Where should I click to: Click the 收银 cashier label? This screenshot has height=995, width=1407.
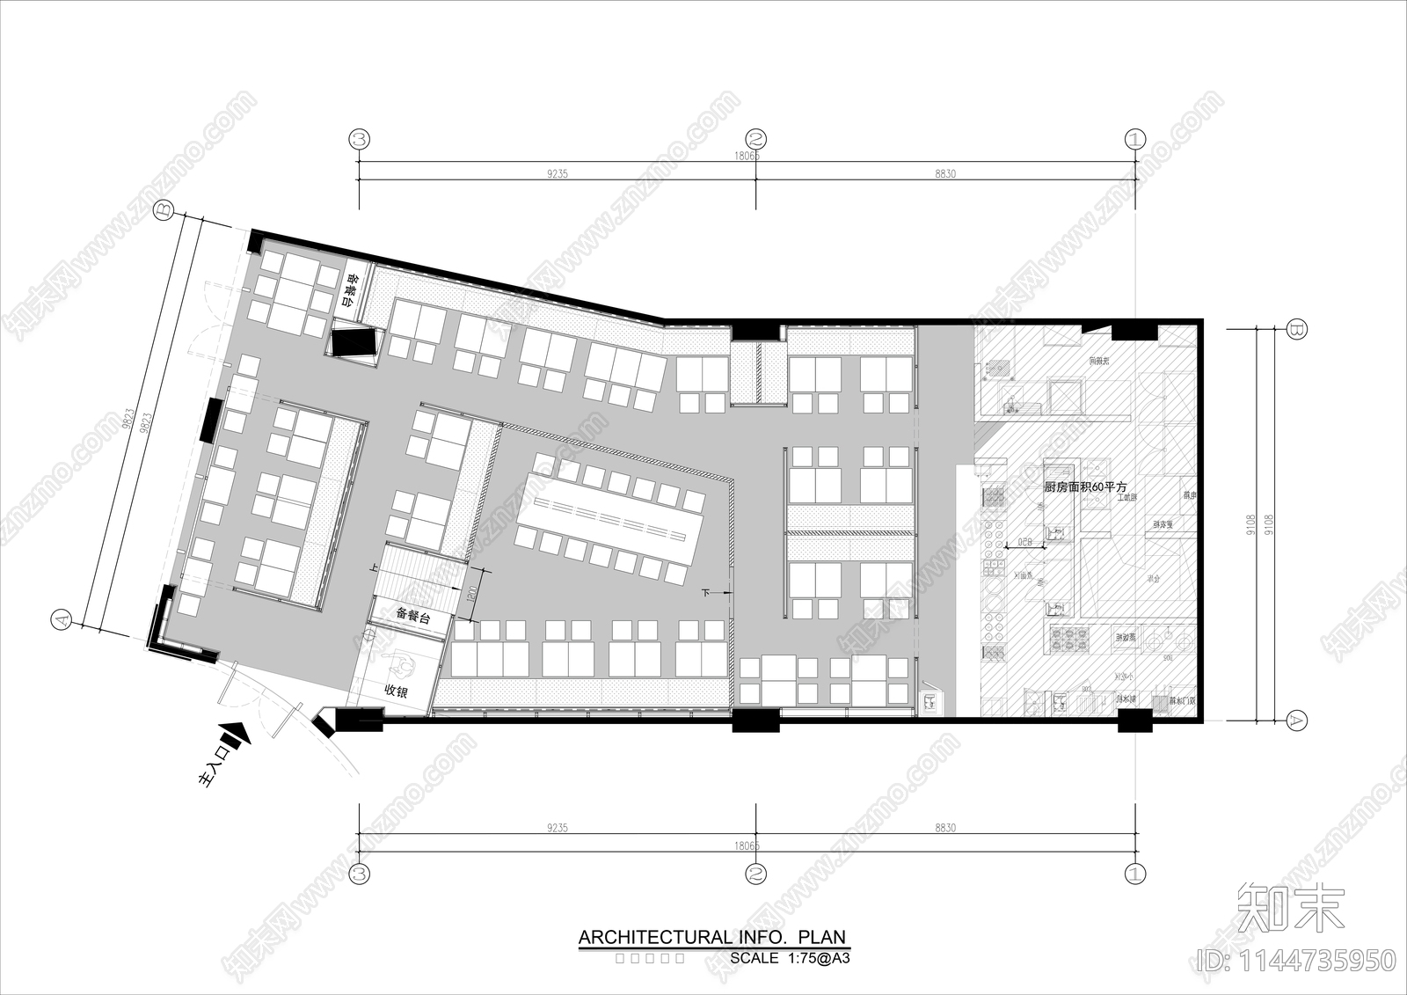pos(397,691)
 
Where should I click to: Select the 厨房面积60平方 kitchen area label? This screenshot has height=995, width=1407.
pos(1085,487)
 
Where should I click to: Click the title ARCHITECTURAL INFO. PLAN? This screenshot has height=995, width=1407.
pos(712,937)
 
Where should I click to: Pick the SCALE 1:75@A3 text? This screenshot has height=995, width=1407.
pos(790,958)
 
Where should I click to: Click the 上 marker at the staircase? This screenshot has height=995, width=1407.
pos(375,569)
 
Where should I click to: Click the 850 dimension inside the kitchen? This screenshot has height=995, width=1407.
pos(1025,542)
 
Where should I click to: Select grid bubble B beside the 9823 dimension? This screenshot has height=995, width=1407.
pos(164,209)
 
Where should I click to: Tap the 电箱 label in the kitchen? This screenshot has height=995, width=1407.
pos(1189,495)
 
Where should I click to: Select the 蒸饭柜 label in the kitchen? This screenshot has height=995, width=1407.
pos(1126,637)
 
